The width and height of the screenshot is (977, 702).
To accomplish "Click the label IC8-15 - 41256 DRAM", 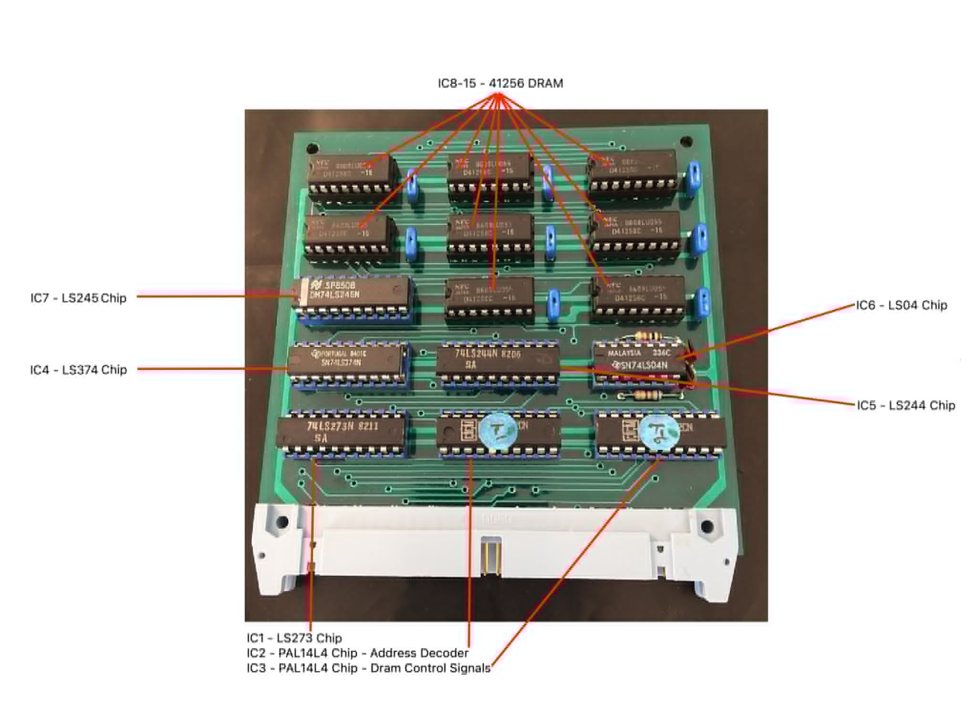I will [x=500, y=83].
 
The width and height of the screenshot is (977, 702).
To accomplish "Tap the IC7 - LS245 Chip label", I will [x=78, y=298].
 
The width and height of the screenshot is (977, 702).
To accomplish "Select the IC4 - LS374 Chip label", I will [x=78, y=369].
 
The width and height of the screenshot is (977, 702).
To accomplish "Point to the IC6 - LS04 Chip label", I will [x=901, y=305].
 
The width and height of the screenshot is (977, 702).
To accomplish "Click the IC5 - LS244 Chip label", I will [x=905, y=405].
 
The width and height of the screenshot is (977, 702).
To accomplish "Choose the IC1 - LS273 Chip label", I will [x=294, y=638].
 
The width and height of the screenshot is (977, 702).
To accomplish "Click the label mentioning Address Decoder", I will [x=357, y=652].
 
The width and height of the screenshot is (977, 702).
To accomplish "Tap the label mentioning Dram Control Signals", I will [x=368, y=668].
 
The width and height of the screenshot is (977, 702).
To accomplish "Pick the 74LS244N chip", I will [x=498, y=360].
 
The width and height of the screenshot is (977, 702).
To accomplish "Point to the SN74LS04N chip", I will [x=639, y=361].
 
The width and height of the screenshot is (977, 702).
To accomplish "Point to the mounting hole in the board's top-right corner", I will [x=686, y=141].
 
